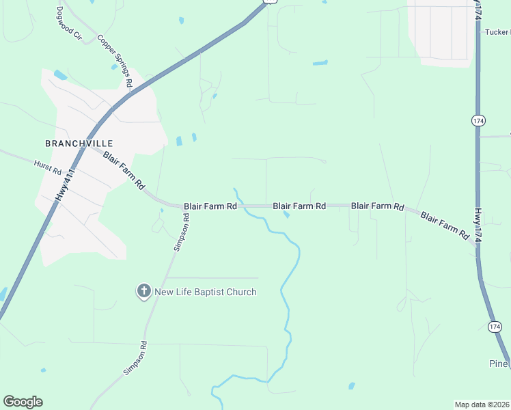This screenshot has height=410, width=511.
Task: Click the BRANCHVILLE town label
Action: tap(79, 143)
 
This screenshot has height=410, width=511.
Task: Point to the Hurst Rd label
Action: tap(48, 167)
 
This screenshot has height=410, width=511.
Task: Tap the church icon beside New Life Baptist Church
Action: tap(143, 292)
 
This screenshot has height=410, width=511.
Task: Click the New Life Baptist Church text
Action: tap(206, 292)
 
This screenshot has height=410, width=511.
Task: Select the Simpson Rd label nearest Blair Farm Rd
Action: tap(181, 232)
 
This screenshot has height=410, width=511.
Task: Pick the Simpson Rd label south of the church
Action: tap(135, 357)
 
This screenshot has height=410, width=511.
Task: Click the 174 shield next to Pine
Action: tap(494, 327)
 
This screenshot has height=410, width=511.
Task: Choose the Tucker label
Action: tap(497, 32)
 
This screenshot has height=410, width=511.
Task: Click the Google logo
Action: tap(23, 402)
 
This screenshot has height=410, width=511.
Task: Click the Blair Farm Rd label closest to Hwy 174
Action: tap(445, 225)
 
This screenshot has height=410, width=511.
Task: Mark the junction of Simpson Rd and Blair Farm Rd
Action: tap(185, 206)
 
